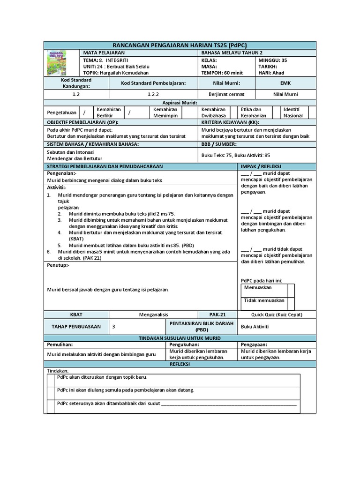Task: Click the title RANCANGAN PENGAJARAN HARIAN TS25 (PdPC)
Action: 180,45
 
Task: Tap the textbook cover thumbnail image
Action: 58,63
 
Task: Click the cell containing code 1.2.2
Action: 153,94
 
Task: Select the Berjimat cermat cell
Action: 226,94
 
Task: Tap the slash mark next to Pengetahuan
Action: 84,112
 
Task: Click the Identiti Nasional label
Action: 293,112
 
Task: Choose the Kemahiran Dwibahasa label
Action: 213,112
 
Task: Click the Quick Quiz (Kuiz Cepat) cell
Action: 277,315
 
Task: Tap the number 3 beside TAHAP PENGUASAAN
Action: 114,327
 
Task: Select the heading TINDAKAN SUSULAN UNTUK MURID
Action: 180,338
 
